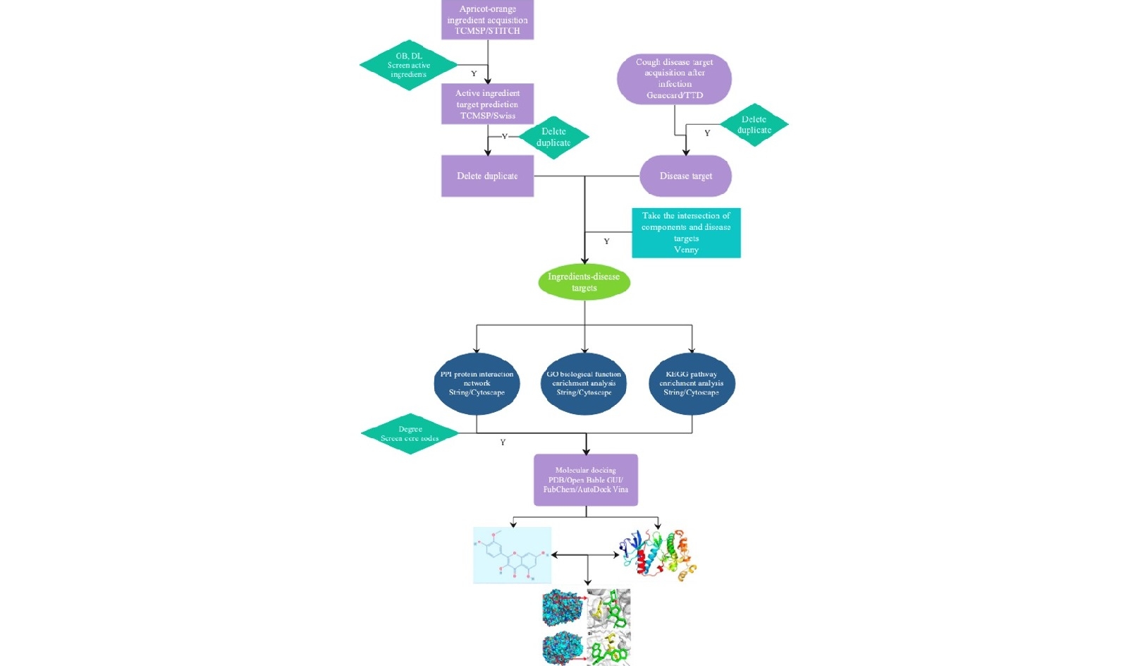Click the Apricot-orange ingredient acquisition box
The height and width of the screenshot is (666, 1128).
[487, 20]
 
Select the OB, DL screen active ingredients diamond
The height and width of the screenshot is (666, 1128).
[409, 65]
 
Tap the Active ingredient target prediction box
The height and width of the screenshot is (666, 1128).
[487, 104]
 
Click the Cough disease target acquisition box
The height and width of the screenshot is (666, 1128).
[674, 78]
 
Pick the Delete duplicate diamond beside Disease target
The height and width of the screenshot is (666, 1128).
[754, 125]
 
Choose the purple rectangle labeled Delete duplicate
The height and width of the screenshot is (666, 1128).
[487, 176]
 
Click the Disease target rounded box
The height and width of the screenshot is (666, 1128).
[685, 176]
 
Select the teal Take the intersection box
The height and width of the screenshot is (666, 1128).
[686, 232]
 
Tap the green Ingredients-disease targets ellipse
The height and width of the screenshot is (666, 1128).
[584, 282]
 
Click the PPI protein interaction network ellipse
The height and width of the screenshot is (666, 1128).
[477, 383]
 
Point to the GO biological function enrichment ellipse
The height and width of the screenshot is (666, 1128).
[584, 383]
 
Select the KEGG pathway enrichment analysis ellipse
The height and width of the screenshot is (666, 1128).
[691, 383]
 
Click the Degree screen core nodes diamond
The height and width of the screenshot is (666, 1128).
[410, 434]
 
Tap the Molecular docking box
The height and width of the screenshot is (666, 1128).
[585, 480]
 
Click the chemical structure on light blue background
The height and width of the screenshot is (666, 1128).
[512, 555]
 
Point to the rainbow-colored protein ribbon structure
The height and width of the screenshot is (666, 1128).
[657, 554]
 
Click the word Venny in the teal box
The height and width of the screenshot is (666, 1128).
[686, 250]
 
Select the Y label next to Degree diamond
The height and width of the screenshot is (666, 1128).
[503, 442]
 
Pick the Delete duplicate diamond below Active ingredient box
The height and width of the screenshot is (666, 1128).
[553, 138]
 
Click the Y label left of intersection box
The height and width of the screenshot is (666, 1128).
[606, 241]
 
